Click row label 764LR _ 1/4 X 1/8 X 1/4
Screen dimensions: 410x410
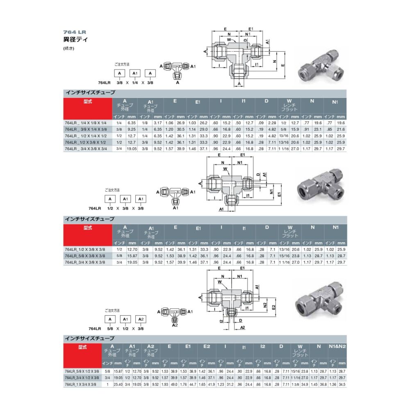click(x=85, y=123)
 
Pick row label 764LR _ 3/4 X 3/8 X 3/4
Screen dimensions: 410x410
click(x=85, y=148)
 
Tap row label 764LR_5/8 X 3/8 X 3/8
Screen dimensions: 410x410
click(x=85, y=255)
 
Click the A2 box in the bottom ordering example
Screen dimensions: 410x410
click(x=140, y=319)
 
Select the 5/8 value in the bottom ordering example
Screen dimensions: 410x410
click(x=109, y=328)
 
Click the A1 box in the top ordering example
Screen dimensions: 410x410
click(x=135, y=73)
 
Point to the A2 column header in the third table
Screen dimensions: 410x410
click(x=150, y=349)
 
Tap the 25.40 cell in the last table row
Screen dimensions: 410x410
click(x=118, y=384)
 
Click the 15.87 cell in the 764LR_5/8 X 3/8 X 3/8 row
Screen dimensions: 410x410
click(x=132, y=255)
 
